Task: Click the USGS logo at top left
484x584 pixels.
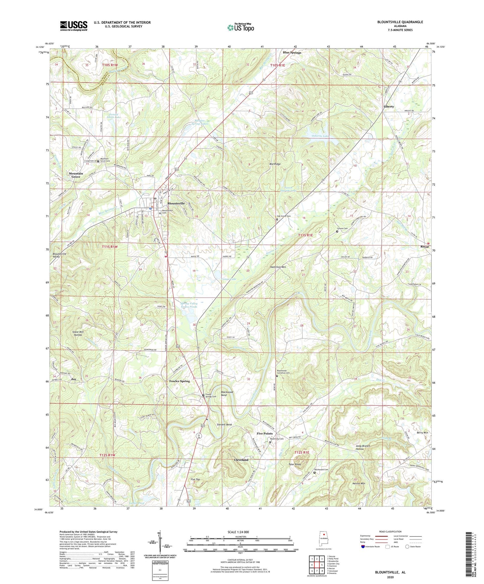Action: (74, 26)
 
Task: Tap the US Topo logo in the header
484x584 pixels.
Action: (240, 27)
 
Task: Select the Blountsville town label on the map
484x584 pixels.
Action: (176, 203)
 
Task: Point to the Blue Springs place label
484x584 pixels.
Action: (292, 53)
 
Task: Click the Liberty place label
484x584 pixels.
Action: (389, 106)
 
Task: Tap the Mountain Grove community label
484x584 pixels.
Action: (76, 175)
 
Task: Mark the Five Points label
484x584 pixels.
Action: (265, 433)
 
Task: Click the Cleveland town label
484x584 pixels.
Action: (241, 460)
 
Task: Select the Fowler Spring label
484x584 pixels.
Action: (180, 381)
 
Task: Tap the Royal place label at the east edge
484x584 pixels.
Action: (424, 247)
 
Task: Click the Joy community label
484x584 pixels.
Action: (74, 379)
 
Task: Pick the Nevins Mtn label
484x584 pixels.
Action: (359, 484)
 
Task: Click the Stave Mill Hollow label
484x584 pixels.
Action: (78, 333)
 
